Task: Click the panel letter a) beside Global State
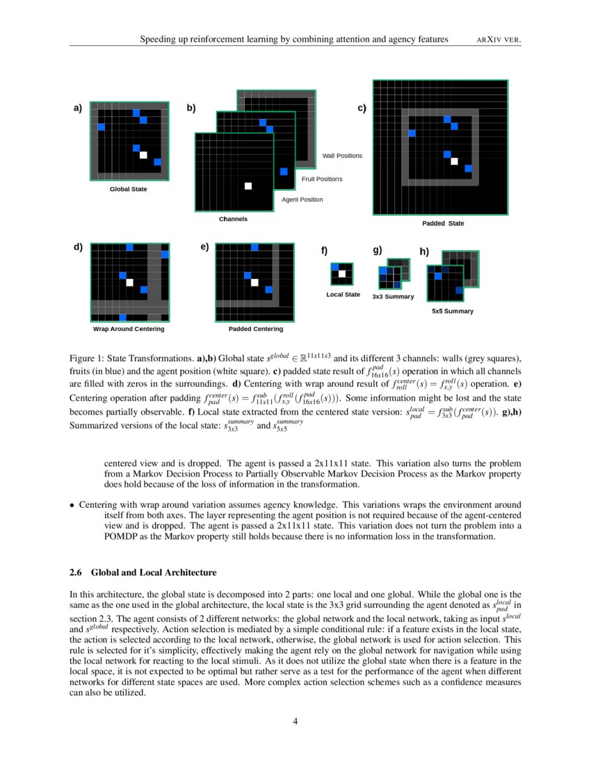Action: point(77,108)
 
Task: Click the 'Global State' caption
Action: point(129,189)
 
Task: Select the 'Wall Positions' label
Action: point(342,156)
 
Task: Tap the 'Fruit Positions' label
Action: point(322,179)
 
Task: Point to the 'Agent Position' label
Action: point(302,200)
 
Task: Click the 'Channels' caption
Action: point(233,219)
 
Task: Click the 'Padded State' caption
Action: point(443,223)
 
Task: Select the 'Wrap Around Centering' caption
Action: point(129,329)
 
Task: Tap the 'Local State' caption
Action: point(343,295)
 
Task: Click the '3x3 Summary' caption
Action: point(393,297)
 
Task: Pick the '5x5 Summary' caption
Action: point(453,311)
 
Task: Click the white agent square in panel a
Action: point(143,155)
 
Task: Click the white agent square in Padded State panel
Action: point(454,161)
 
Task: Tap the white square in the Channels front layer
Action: point(248,186)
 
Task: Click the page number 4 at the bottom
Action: point(295,721)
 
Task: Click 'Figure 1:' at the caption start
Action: point(86,358)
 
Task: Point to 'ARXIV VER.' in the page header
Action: point(499,40)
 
